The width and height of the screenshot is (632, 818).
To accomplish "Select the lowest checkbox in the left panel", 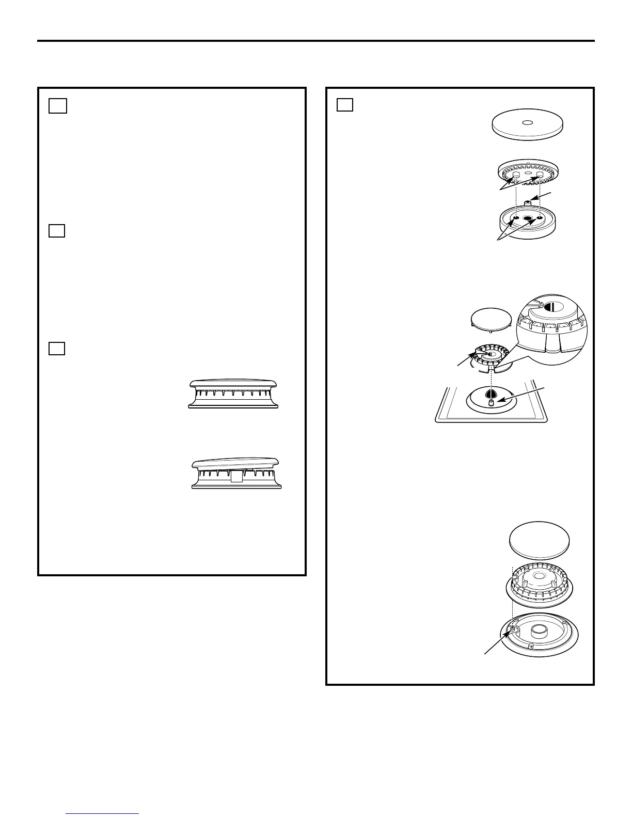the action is pyautogui.click(x=57, y=349).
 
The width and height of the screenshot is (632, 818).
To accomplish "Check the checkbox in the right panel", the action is pyautogui.click(x=345, y=105).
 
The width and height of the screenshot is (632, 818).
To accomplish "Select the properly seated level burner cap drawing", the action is pyautogui.click(x=234, y=394).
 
